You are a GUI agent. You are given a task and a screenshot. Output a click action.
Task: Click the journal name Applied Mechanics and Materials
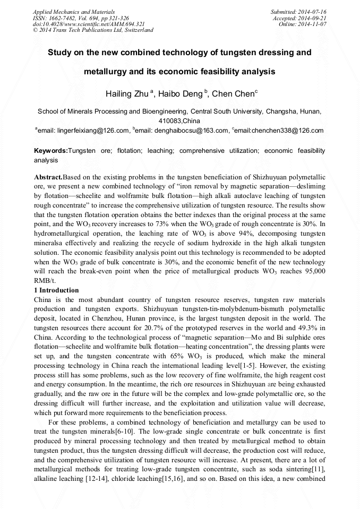(x=74, y=11)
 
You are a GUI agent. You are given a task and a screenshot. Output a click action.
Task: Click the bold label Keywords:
(x=51, y=151)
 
